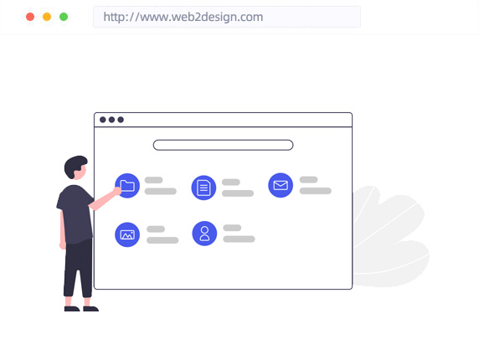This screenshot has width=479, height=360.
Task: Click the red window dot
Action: pyautogui.click(x=30, y=17)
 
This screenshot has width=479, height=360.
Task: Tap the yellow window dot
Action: pyautogui.click(x=47, y=17)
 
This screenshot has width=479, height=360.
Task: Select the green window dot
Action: pyautogui.click(x=64, y=17)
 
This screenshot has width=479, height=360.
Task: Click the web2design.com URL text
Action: pyautogui.click(x=183, y=17)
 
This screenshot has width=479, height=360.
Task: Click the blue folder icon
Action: pyautogui.click(x=127, y=186)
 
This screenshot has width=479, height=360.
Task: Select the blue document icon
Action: pyautogui.click(x=203, y=188)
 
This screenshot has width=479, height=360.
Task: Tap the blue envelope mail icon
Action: pyautogui.click(x=281, y=185)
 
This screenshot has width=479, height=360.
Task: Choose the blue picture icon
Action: pyautogui.click(x=127, y=234)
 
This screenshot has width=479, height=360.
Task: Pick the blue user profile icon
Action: pyautogui.click(x=204, y=234)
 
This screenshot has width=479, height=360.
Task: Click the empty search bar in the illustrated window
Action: pyautogui.click(x=224, y=140)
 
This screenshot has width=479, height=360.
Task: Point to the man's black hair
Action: pyautogui.click(x=74, y=166)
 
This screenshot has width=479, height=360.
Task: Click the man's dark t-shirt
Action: pyautogui.click(x=75, y=213)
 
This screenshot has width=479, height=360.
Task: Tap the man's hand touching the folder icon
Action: pyautogui.click(x=117, y=191)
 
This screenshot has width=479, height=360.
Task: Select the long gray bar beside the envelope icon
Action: pyautogui.click(x=316, y=191)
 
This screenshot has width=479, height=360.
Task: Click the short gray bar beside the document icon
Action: pyautogui.click(x=231, y=182)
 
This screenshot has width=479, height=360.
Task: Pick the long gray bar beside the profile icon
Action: pyautogui.click(x=239, y=239)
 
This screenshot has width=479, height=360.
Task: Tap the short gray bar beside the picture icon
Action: pyautogui.click(x=156, y=229)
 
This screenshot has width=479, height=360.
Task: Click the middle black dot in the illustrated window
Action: pyautogui.click(x=112, y=120)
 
